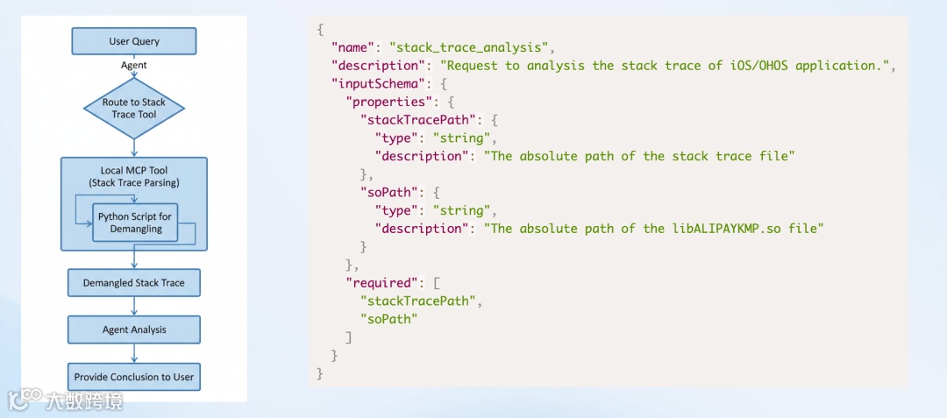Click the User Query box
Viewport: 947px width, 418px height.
coord(133,41)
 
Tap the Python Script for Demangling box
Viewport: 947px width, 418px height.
coord(135,223)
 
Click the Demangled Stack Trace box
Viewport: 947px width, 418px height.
coord(133,283)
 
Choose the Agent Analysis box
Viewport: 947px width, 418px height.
coord(133,329)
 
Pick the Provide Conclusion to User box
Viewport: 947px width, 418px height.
coord(133,377)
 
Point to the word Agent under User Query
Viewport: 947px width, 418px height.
coord(133,65)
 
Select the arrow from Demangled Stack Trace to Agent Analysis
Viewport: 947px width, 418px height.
coord(133,306)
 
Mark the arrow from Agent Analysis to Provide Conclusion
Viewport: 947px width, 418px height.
coord(133,353)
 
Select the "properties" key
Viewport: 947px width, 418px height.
coord(388,102)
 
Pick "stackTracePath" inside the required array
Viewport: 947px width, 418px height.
coord(421,301)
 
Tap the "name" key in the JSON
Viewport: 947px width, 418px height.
coord(356,47)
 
